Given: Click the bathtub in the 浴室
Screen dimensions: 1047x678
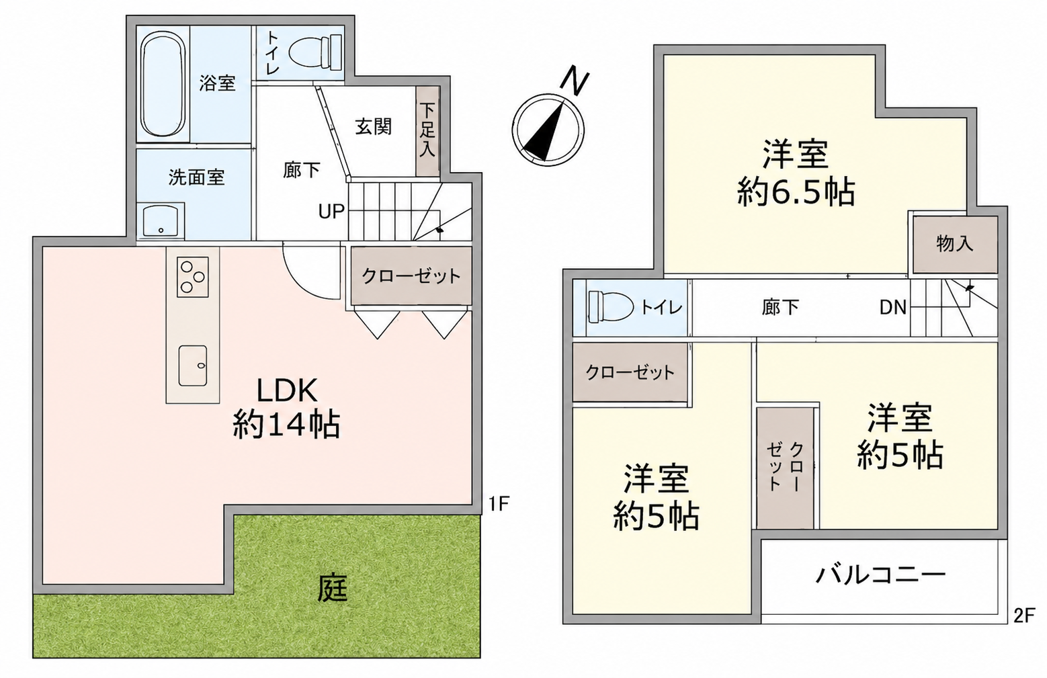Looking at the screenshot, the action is [163, 84].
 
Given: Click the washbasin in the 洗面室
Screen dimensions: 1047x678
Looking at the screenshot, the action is [161, 220].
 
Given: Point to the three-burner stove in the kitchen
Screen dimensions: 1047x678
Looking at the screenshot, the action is [193, 277].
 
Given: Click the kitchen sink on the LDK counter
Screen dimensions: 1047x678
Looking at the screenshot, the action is [193, 366].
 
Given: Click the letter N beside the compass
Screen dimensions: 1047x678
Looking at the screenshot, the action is [574, 82].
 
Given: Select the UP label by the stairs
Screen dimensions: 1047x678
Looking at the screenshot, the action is [331, 212].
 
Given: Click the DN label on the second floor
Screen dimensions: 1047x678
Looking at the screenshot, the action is [892, 307].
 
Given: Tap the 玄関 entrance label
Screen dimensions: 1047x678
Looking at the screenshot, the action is [372, 126].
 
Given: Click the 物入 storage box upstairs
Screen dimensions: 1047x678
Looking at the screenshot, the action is [955, 245].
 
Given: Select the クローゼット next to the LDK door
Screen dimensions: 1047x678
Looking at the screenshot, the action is [411, 276].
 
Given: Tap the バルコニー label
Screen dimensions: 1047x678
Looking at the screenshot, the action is [880, 575].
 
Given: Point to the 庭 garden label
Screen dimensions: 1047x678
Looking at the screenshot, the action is [333, 587].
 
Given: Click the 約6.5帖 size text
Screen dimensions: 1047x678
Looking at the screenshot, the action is [796, 192].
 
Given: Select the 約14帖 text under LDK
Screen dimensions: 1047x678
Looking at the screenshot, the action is [286, 424].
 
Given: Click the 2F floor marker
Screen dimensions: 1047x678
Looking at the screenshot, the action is [1024, 616].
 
